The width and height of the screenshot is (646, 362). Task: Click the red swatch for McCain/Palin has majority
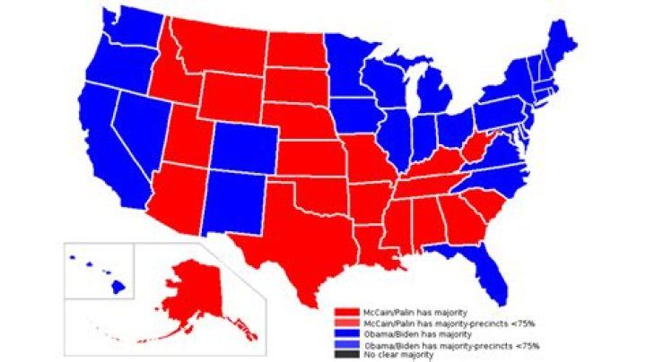click(x=340, y=310)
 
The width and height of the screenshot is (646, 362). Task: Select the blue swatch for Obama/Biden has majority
click(x=340, y=332)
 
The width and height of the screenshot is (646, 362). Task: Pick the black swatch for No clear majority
click(x=340, y=355)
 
